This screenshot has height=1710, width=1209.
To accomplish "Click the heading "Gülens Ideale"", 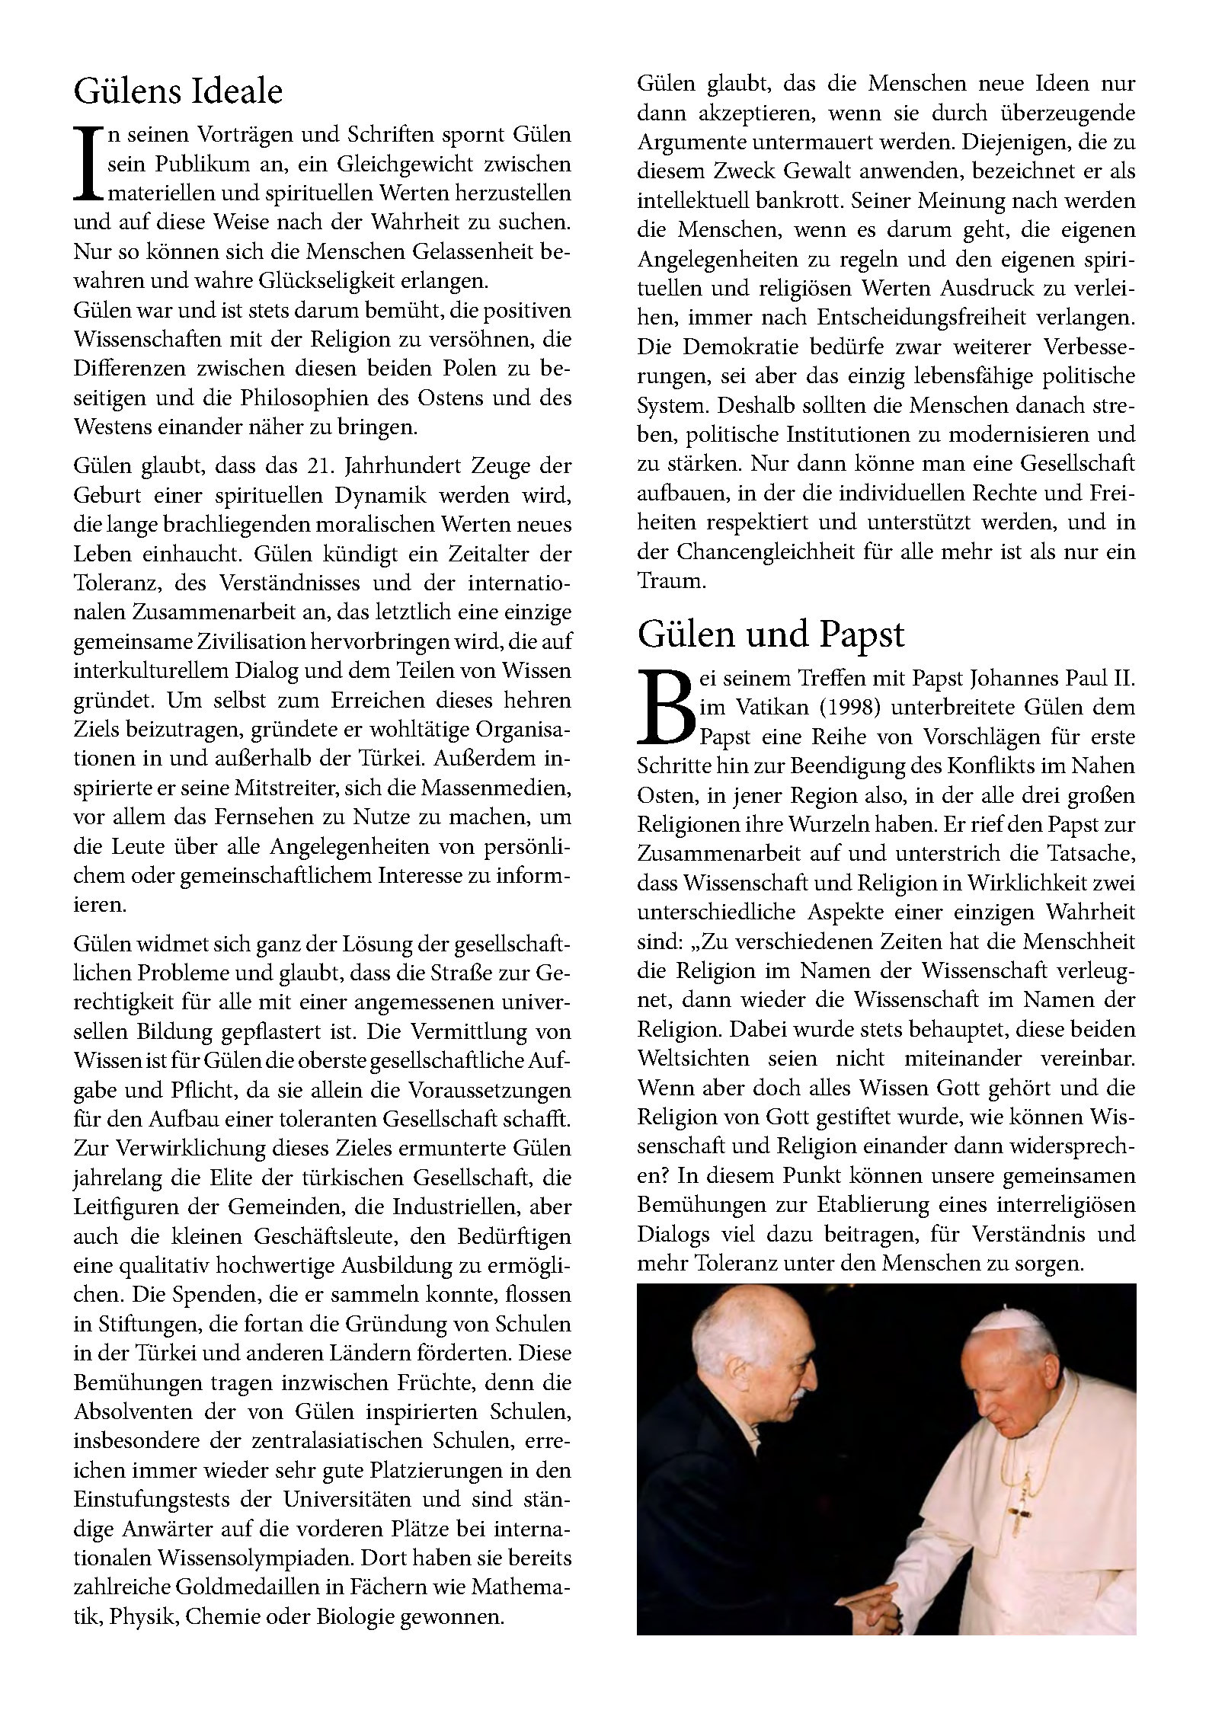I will click(178, 92).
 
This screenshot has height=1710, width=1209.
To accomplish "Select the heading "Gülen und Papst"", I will click(770, 634).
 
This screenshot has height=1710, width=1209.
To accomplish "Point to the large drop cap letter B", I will click(664, 708).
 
